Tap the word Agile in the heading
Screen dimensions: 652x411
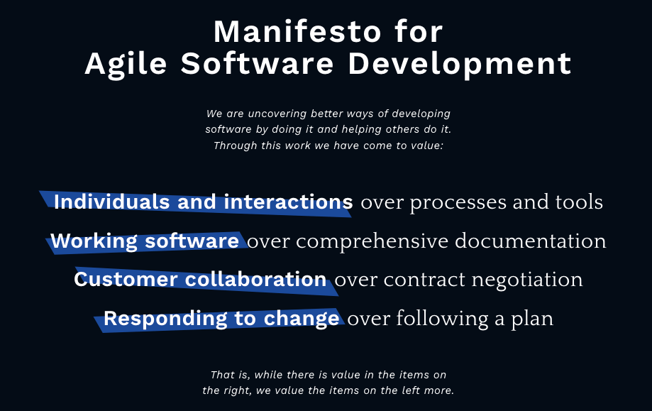click(x=126, y=65)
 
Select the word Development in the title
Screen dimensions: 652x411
click(x=460, y=65)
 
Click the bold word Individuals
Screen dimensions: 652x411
click(x=111, y=202)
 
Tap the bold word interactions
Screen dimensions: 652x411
click(x=288, y=202)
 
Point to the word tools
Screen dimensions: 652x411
click(x=579, y=202)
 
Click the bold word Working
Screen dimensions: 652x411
click(x=94, y=241)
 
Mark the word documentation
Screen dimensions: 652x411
click(x=530, y=241)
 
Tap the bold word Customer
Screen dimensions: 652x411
click(x=126, y=279)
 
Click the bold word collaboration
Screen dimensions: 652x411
click(x=255, y=279)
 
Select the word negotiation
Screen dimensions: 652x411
click(x=527, y=280)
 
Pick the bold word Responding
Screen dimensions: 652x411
click(x=165, y=319)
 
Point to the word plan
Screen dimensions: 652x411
click(x=532, y=319)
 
